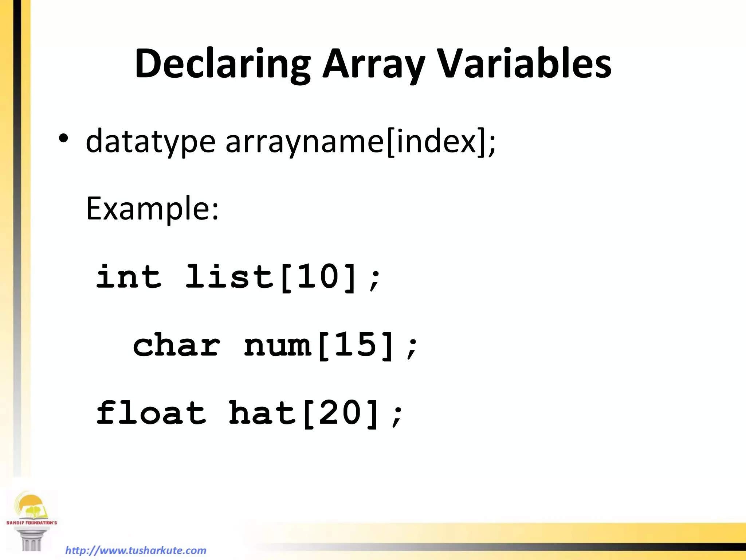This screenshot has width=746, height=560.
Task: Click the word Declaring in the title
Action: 222,64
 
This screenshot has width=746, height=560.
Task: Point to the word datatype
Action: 150,142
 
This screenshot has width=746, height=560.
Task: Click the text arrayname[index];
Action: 361,142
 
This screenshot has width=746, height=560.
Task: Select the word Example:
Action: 152,209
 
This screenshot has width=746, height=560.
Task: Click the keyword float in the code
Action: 151,413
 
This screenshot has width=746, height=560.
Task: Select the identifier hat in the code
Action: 262,413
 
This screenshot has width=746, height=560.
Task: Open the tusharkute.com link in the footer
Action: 136,550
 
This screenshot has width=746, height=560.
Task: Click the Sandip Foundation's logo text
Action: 32,522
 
